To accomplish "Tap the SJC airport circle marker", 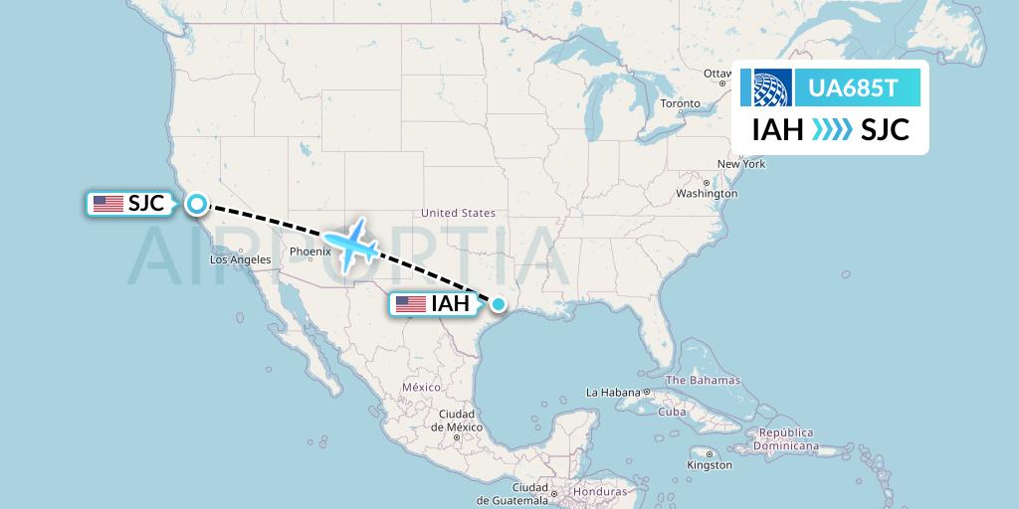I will [197, 204].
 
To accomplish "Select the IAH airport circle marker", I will [499, 304].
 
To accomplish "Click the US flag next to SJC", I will [107, 204].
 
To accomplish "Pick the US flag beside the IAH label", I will [410, 304].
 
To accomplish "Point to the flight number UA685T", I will [855, 88].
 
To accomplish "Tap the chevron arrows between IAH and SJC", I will [831, 129].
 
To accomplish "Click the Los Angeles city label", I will [240, 259].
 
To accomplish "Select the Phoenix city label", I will [310, 252].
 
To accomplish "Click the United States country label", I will [458, 213].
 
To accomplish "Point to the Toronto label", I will [680, 103].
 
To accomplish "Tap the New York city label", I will [741, 164].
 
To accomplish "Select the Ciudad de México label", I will [457, 420].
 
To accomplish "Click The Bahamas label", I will [703, 380].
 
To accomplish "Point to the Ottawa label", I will [717, 74].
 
